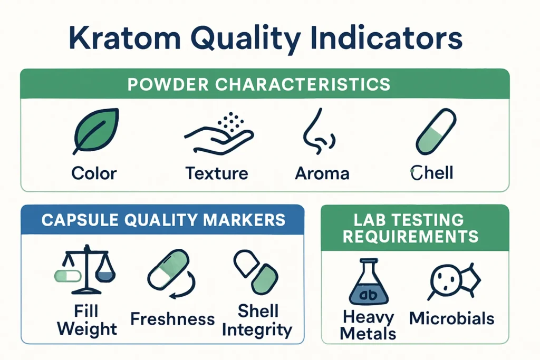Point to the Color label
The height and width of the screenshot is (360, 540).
[94, 173]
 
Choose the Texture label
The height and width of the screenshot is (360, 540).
[217, 173]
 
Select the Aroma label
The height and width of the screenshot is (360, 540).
[322, 173]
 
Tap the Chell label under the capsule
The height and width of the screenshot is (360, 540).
[431, 173]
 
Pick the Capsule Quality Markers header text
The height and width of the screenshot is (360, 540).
[163, 220]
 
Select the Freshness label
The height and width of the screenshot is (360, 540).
[172, 319]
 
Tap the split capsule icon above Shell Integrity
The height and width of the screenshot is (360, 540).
[256, 272]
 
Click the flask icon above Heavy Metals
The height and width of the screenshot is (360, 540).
[369, 284]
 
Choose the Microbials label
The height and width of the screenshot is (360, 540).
[451, 318]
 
